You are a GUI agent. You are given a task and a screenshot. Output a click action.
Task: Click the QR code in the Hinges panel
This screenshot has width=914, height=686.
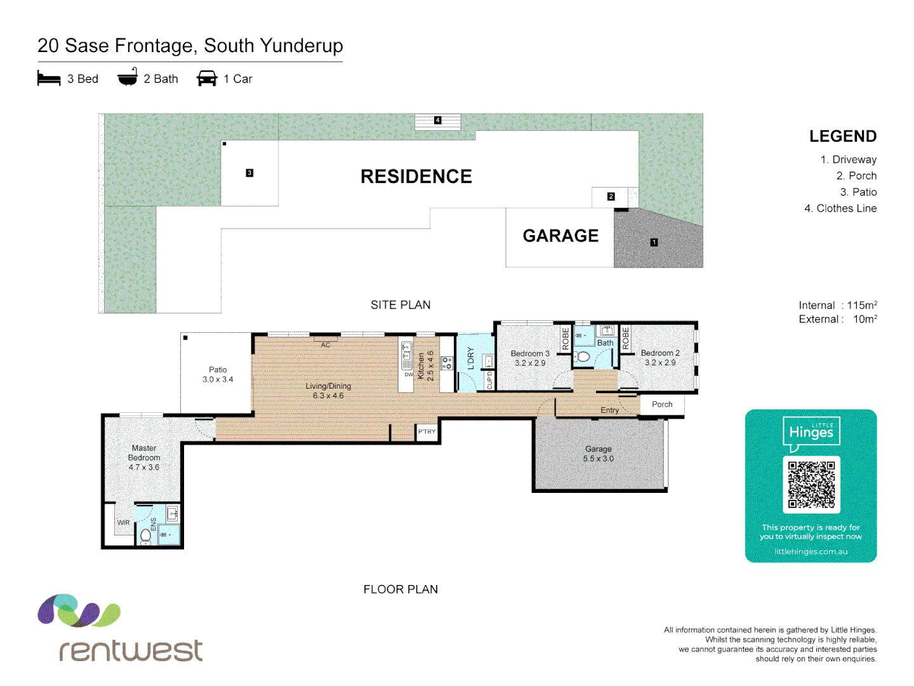coord(811,485)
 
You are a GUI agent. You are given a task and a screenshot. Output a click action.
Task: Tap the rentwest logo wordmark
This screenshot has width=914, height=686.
coord(131,650)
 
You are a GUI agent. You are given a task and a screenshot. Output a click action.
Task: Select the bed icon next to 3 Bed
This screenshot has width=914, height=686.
coord(49,79)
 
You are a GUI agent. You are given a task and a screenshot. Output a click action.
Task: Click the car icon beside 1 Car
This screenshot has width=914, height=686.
coord(207,79)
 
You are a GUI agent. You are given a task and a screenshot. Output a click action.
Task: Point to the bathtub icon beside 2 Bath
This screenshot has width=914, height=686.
coord(128,77)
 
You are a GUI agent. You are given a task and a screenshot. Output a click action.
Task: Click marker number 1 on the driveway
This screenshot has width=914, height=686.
coord(654,242)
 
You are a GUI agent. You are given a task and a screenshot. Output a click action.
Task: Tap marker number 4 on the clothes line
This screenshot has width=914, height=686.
coord(437,120)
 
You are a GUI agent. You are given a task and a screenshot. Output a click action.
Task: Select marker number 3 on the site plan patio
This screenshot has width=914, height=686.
coord(249,173)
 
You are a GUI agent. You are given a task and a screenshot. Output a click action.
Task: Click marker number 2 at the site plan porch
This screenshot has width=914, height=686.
coord(611,197)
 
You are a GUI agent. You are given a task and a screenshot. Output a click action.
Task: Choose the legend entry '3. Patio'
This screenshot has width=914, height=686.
coord(858,192)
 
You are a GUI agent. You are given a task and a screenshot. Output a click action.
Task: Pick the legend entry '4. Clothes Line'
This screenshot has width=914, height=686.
coord(840,208)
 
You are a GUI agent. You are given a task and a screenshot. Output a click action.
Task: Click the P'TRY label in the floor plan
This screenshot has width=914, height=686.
coord(427,432)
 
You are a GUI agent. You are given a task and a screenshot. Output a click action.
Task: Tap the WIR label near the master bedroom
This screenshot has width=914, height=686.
coord(123,523)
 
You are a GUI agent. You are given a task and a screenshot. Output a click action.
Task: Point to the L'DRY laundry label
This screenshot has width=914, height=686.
coord(470,358)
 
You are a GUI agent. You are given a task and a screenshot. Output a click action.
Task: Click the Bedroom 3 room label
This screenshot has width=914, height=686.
coord(530,353)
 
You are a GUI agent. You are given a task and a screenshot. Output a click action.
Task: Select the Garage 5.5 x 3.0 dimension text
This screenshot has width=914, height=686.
coord(598,459)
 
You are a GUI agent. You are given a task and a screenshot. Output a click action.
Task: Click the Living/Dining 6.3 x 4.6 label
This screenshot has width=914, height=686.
coord(328,391)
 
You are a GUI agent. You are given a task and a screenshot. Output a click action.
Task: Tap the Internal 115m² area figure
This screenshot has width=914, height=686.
coord(838,306)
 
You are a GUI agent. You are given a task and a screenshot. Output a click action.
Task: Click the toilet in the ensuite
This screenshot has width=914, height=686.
coord(146,535)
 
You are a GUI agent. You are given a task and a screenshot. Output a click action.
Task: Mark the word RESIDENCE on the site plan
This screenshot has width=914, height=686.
coord(416,177)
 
